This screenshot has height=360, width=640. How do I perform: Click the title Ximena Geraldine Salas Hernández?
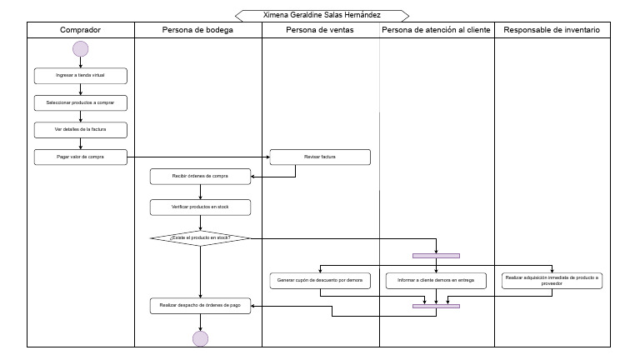pos(322,15)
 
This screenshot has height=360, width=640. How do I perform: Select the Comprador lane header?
pos(81,30)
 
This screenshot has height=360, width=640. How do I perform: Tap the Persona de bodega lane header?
pos(197,30)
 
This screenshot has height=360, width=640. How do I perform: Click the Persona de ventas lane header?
pos(320,30)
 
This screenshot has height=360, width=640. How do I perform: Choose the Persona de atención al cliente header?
pos(437,30)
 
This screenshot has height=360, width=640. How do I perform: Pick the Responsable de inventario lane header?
pos(552,30)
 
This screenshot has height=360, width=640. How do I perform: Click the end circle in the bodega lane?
pos(200,337)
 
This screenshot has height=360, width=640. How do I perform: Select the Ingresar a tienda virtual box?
pos(81,76)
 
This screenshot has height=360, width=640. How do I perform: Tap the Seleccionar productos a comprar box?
pos(81,103)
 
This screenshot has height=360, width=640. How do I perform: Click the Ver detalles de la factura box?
pos(81,130)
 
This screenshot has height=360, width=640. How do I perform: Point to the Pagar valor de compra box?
pos(81,156)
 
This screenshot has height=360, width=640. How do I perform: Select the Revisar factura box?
pos(320,157)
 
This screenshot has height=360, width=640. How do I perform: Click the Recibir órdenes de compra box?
pos(200,177)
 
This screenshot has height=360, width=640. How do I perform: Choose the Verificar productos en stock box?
pos(200,207)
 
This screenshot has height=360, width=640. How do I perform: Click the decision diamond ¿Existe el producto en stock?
pos(200,238)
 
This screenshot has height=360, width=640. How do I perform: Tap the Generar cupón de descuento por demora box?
pos(320,281)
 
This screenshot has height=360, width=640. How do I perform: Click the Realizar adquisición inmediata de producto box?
pos(552,280)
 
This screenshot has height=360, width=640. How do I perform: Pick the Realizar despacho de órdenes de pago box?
pos(200,306)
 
